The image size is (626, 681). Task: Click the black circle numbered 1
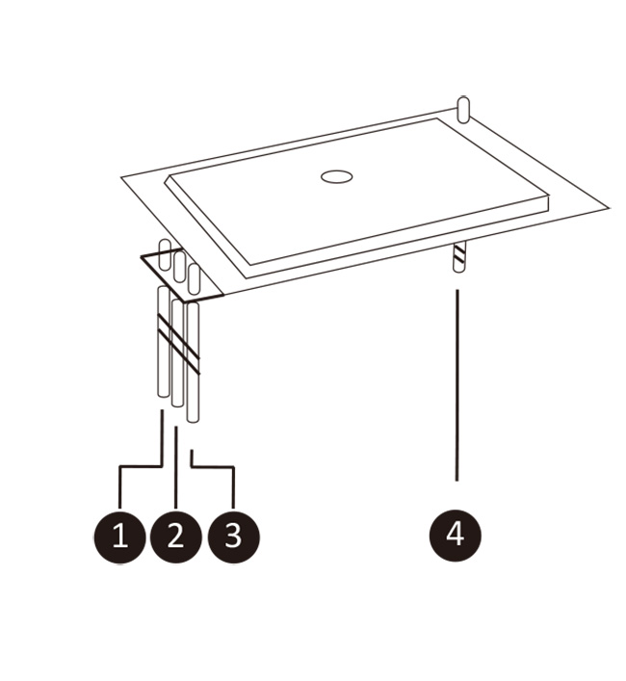coord(119,537)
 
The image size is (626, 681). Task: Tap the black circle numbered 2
coord(176,537)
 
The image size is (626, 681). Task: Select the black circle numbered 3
coord(234,537)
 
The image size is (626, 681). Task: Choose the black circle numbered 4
coord(456,536)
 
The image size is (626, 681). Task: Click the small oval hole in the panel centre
coord(336,177)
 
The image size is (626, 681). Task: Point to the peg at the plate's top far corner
coord(463,110)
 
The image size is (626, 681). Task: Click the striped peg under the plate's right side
coord(458,257)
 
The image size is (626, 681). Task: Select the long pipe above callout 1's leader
coord(163,341)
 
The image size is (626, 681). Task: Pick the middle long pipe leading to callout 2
coord(177,353)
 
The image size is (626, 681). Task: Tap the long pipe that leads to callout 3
coord(193,362)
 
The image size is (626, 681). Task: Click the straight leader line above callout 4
coord(456,385)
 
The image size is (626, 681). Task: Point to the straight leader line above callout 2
coord(176,467)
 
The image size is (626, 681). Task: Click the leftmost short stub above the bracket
coord(165,254)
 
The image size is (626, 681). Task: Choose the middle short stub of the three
coord(179,267)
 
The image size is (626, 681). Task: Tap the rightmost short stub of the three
coord(194,278)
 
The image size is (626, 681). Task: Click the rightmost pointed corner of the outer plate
coord(609,208)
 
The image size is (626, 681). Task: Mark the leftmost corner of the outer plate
coord(121,177)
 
